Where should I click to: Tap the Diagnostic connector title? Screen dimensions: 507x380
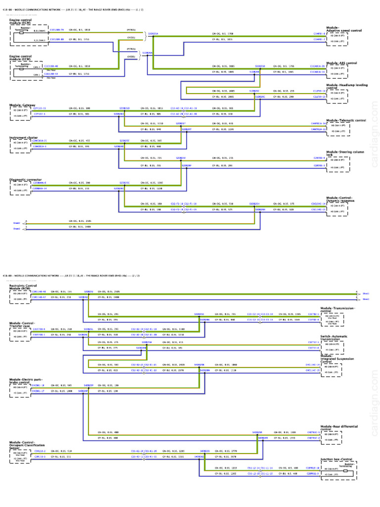(x=24, y=180)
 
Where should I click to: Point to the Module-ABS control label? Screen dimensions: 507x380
(x=341, y=63)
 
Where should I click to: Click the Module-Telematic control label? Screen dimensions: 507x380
(x=346, y=120)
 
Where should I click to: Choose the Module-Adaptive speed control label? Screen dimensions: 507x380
(x=344, y=29)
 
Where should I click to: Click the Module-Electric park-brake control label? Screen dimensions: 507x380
(x=25, y=382)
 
